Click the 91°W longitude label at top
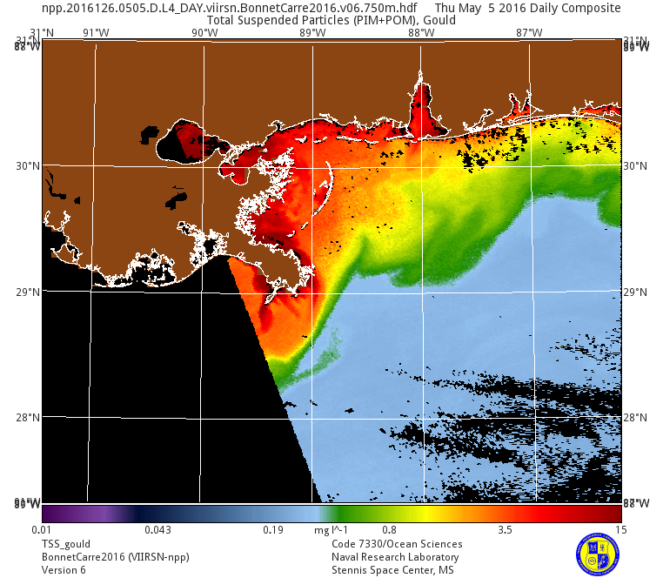96,33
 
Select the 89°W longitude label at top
312,33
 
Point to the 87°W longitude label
529,33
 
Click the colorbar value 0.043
157,530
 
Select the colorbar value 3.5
505,530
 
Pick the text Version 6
64,570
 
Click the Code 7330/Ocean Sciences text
397,544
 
